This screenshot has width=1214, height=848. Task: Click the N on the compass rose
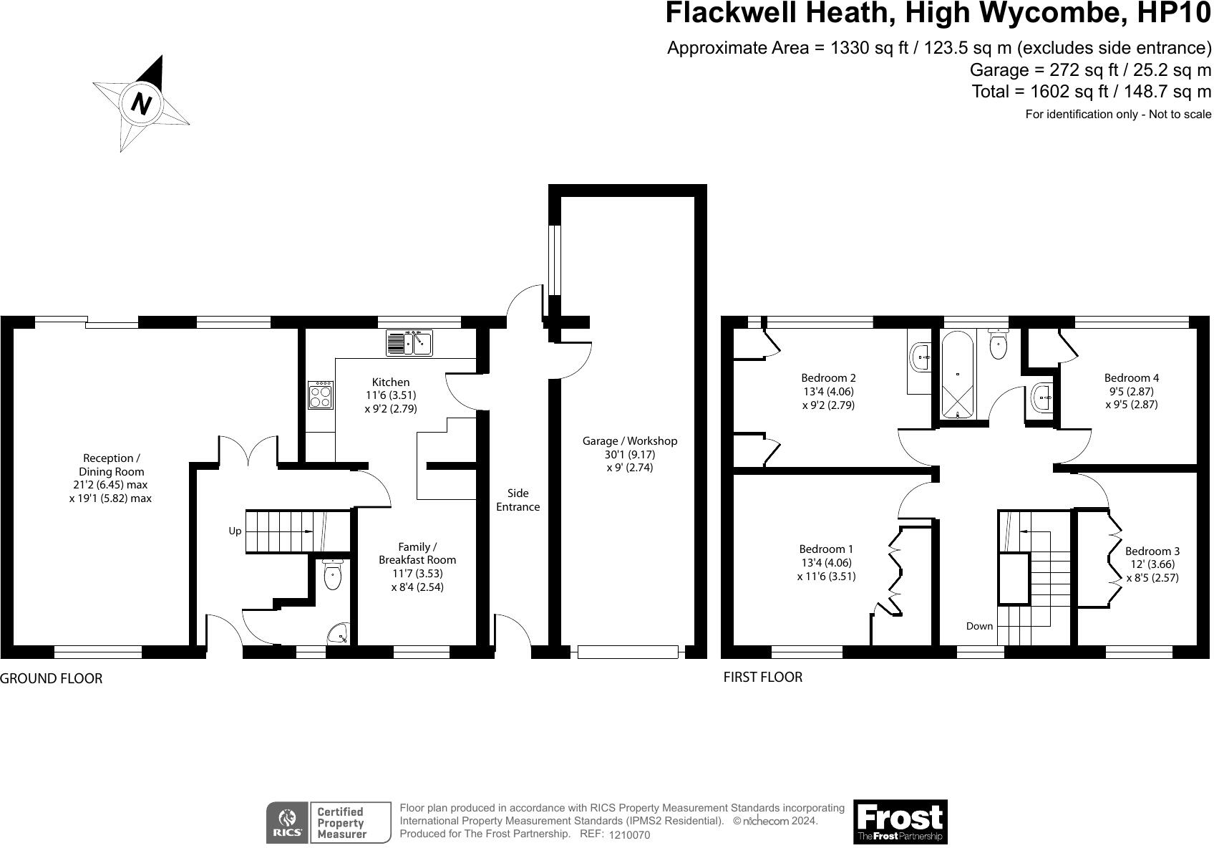point(142,105)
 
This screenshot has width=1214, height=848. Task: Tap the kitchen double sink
point(409,342)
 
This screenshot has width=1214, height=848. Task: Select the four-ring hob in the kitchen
point(321,395)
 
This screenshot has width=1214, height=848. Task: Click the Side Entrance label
point(518,500)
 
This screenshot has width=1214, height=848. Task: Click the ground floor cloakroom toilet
point(332,575)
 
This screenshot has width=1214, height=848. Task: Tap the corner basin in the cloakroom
point(338,633)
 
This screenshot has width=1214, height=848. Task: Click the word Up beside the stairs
point(235,531)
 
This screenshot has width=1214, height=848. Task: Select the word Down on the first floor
point(979,626)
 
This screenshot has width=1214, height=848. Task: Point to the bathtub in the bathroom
point(957,375)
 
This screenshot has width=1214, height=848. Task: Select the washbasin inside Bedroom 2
point(920,356)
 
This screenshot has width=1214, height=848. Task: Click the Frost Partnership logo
point(900,821)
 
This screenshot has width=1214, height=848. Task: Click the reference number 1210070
point(629,835)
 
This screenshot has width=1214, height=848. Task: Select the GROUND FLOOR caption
point(51,678)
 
